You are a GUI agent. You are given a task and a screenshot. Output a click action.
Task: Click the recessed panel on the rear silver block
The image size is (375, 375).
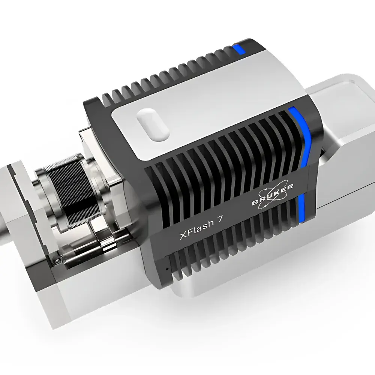pos(337,94)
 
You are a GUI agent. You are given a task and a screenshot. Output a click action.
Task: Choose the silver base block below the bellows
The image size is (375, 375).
pos(94,292)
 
